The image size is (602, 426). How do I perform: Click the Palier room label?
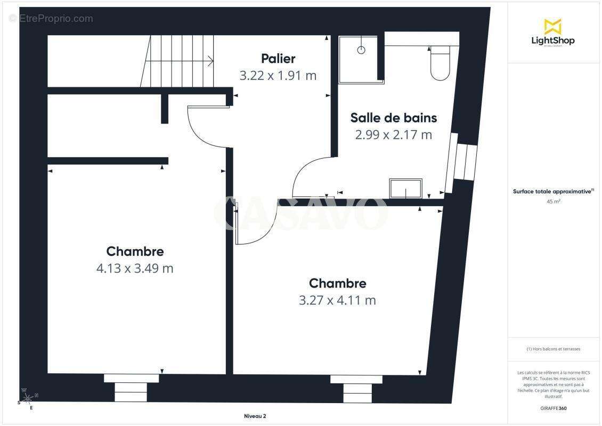tap(278, 59)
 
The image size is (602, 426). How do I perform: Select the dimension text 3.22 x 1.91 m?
tap(278, 76)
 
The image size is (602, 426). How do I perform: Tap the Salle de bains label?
tap(393, 117)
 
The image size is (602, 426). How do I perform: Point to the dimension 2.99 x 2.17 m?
tap(393, 135)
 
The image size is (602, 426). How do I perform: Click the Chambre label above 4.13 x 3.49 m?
tap(135, 251)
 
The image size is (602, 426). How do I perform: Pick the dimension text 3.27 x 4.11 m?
tap(337, 300)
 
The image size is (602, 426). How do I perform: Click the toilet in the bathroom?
tap(440, 64)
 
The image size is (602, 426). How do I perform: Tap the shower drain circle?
tap(361, 50)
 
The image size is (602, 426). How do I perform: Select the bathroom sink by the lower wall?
tap(406, 189)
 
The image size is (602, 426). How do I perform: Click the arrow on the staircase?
tap(210, 61)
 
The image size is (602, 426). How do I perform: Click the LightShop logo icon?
tap(552, 27)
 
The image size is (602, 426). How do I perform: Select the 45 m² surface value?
tap(554, 202)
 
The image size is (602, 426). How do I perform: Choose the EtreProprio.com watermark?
tap(51, 19)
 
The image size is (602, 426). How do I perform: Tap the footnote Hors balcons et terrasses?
tap(554, 349)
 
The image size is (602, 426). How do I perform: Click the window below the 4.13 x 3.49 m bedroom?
tap(131, 387)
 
